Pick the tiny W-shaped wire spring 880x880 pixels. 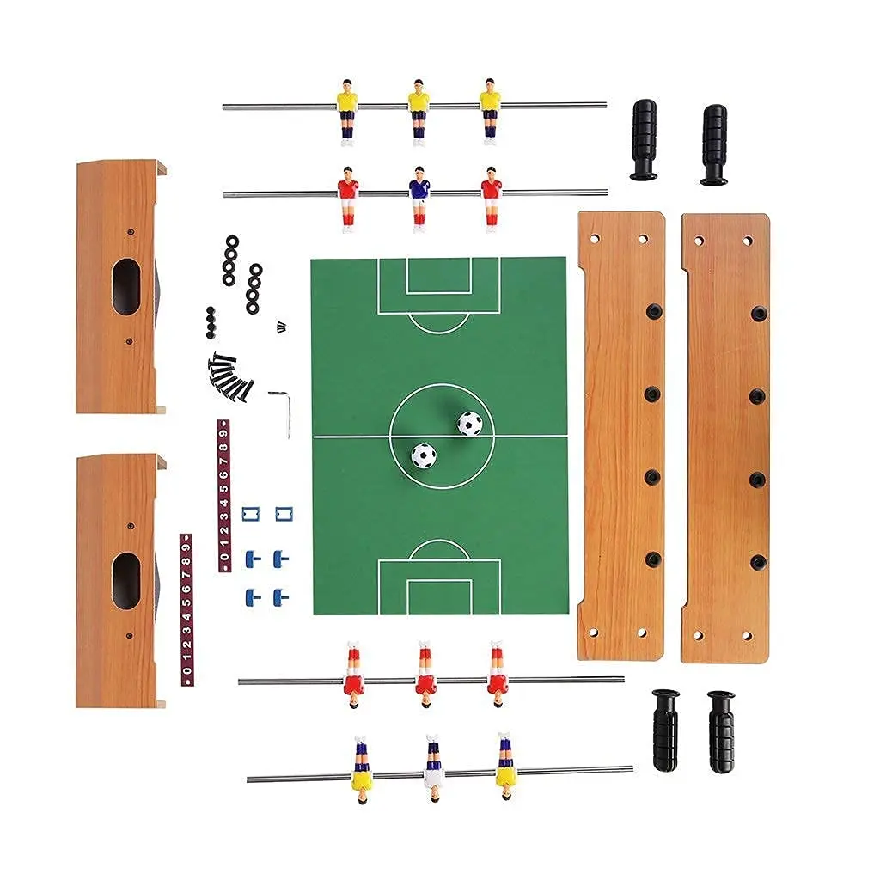[x=280, y=326]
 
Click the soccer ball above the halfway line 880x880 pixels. [x=469, y=423]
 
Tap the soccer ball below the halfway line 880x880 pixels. [x=423, y=455]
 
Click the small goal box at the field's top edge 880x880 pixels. [x=439, y=275]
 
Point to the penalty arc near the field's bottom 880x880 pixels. [x=439, y=550]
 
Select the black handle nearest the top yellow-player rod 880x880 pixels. [x=643, y=139]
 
